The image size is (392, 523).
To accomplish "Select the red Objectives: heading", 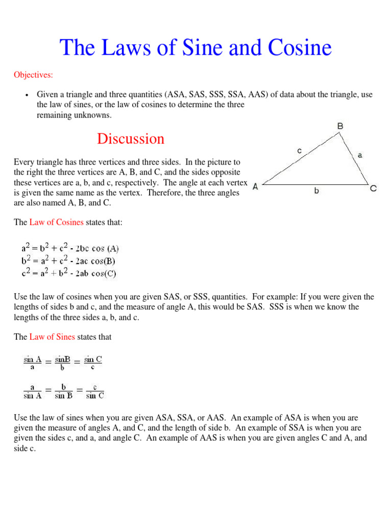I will point(33,75).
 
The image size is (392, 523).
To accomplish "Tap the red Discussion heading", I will point(131,139).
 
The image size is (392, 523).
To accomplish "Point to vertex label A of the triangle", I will point(255,187).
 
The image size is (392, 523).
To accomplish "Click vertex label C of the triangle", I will point(374,188).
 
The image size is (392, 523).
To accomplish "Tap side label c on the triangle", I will point(299,150).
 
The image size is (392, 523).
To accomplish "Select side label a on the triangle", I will point(360,155).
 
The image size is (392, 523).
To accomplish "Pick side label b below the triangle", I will point(316,192).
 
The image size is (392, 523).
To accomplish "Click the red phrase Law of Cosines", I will point(57,222).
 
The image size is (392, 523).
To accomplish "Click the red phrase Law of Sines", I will point(52,337).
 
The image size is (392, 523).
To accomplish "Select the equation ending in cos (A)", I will point(70,249).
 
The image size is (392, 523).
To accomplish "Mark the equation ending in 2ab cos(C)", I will point(69,273).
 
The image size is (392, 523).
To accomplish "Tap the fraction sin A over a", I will point(32,363).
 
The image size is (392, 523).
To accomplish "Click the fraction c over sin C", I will point(95,391).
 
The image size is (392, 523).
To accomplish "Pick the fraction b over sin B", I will point(63,391).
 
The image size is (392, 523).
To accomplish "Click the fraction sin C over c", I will point(93,363).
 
